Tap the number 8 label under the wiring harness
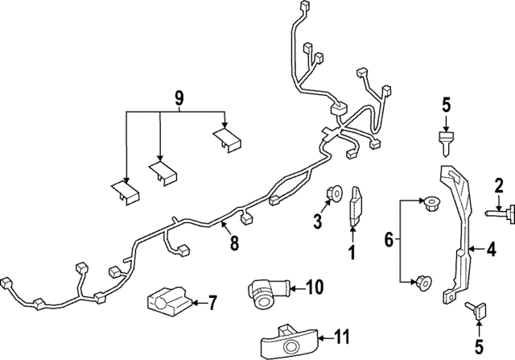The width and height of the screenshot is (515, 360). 234,242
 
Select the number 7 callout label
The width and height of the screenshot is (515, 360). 212,304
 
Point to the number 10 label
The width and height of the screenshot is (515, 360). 314,286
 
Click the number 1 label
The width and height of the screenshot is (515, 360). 351,254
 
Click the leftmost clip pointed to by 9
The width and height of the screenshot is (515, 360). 123,191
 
